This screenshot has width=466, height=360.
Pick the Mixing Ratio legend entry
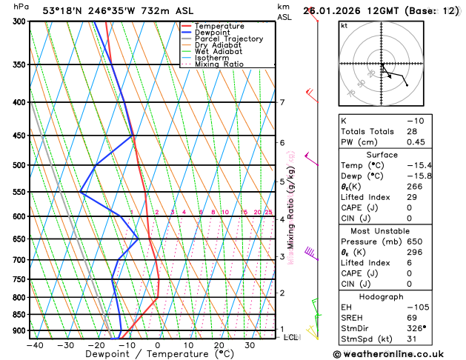(220, 64)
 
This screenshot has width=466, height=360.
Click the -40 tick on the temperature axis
(34, 345)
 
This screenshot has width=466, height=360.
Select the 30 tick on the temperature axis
(250, 345)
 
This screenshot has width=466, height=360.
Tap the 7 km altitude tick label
(282, 102)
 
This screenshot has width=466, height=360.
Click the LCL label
(291, 337)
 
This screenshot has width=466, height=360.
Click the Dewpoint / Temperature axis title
(146, 354)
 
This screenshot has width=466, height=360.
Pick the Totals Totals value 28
(412, 131)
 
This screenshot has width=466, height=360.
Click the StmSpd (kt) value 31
(412, 339)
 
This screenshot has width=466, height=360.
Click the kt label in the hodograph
(344, 26)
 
